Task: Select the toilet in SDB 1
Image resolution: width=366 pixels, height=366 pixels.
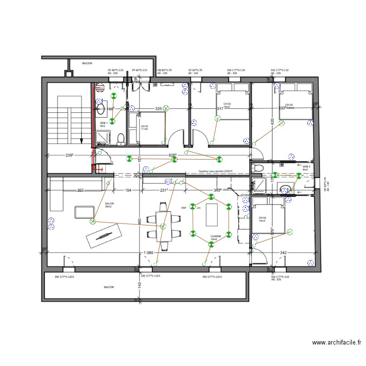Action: (121, 140)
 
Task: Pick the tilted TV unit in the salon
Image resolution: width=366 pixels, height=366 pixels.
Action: (102, 237)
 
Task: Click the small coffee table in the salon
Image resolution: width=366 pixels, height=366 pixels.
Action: (84, 212)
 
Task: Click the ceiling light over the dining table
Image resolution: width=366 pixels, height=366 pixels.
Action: (163, 225)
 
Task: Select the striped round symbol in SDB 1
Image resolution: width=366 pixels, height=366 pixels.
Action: (101, 88)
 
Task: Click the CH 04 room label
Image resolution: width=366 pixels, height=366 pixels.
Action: (263, 219)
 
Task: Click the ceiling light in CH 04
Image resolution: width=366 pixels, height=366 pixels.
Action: (290, 230)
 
